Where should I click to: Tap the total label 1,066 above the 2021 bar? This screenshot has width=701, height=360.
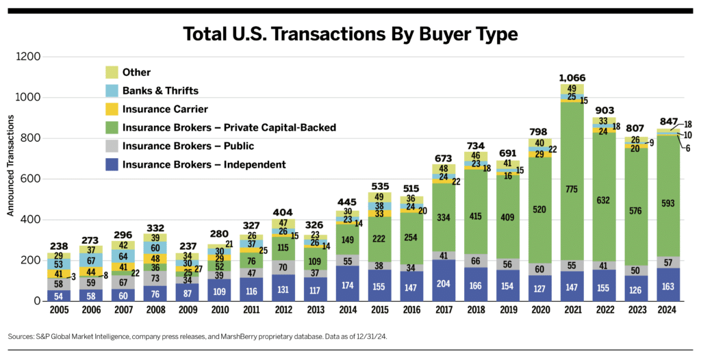[x=571, y=78]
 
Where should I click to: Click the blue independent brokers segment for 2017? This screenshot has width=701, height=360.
[x=443, y=281]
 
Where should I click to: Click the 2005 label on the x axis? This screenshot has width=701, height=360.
[x=59, y=309]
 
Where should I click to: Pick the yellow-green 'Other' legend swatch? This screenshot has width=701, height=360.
[x=112, y=72]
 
